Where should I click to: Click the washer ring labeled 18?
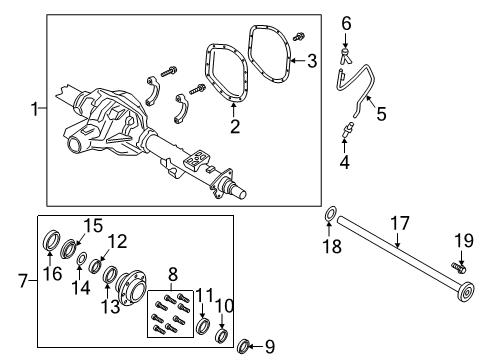pos(329,242)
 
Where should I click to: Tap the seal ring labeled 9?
pos(242,346)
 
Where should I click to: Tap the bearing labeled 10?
pos(222,333)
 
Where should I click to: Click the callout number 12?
pos(118,241)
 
